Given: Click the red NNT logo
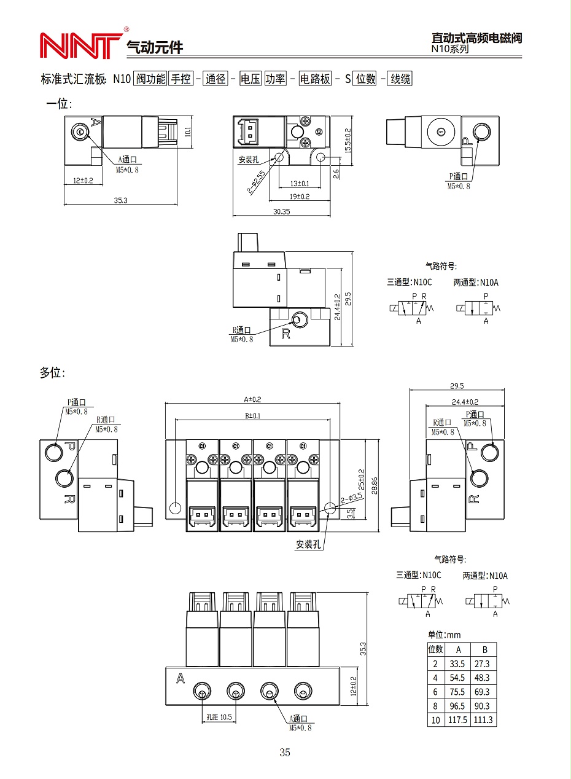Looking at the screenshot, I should (80, 45).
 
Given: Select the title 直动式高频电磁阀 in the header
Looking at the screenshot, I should (476, 37).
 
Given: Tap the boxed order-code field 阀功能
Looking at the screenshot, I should (150, 79).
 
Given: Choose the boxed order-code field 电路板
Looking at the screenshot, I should (315, 79).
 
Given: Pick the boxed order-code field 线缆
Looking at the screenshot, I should (400, 79).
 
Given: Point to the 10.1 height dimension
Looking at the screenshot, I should (188, 132).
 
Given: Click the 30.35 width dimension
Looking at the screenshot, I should (281, 211).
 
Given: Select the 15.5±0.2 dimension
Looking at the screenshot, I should (348, 141).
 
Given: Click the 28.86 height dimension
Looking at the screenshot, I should (375, 483).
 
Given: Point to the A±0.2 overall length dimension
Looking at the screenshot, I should (252, 399).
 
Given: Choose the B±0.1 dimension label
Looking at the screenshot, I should (252, 416).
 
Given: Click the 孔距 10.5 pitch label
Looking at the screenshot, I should (219, 717).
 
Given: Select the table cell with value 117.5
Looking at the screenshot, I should (457, 720).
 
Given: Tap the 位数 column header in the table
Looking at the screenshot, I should (435, 649).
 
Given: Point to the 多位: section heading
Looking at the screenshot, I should (52, 373).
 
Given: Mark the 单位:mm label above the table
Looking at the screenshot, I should (444, 635).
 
